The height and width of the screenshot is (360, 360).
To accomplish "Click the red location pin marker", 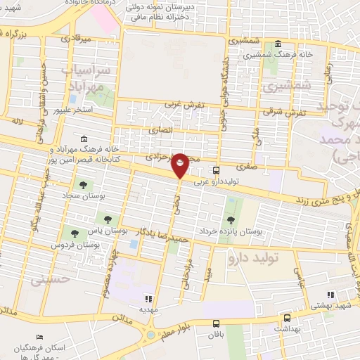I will [x=180, y=165].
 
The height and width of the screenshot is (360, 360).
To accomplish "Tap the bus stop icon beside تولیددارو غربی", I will [x=216, y=169].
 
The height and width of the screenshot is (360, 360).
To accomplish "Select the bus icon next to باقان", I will [x=216, y=323].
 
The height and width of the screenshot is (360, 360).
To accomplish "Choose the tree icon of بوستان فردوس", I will [x=73, y=233].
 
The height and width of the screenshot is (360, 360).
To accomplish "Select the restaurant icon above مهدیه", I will [x=148, y=298].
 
